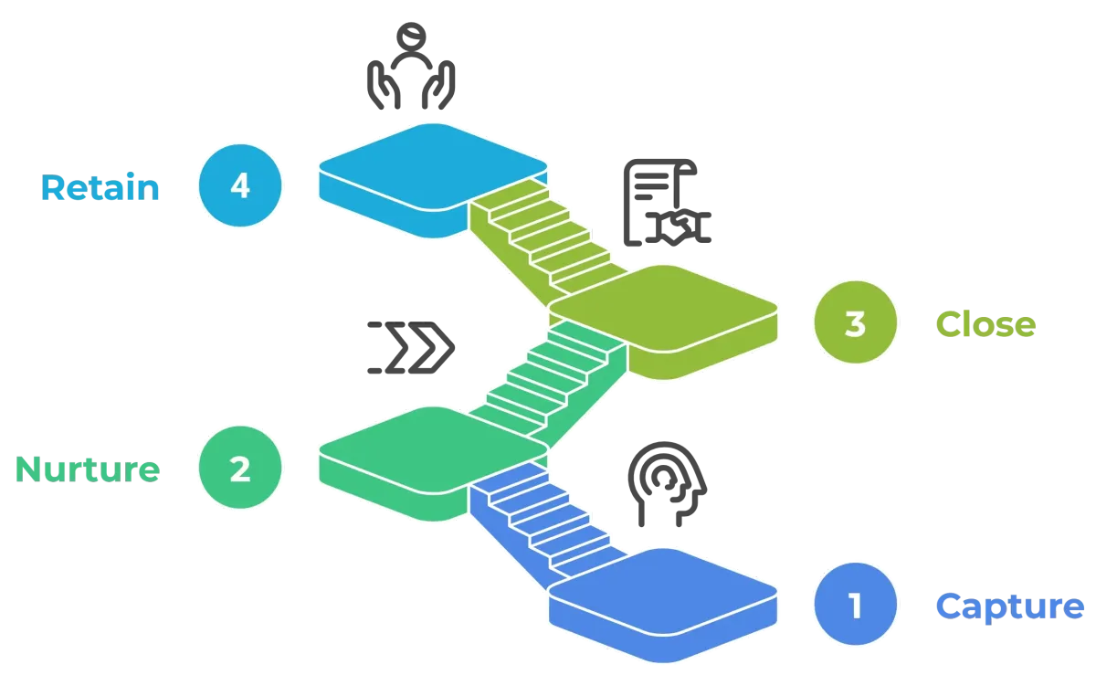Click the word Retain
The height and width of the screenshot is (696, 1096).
(100, 188)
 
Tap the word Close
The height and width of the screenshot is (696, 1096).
(986, 324)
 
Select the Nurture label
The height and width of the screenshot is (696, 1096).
(88, 469)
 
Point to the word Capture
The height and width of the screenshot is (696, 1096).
(1011, 606)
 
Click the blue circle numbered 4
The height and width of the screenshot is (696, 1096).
(239, 186)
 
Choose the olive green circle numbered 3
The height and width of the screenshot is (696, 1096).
(855, 324)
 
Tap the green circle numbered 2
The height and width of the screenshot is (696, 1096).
(239, 469)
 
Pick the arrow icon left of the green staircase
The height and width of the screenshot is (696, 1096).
(413, 351)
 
